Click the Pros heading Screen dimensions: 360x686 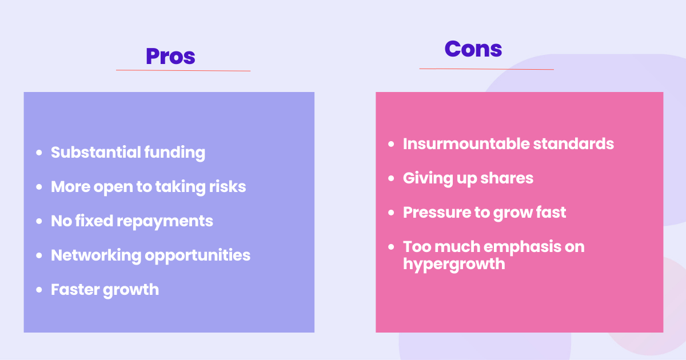pyautogui.click(x=170, y=56)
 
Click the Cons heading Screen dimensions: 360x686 pyautogui.click(x=473, y=49)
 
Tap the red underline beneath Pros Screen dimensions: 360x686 pyautogui.click(x=183, y=70)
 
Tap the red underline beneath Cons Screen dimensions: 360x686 pyautogui.click(x=486, y=69)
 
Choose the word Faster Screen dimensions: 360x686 pyautogui.click(x=75, y=289)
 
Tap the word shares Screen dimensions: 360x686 pyautogui.click(x=508, y=178)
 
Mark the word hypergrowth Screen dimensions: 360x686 pyautogui.click(x=454, y=263)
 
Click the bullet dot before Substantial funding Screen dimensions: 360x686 pyautogui.click(x=39, y=153)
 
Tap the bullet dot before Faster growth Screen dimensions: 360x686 pyautogui.click(x=39, y=290)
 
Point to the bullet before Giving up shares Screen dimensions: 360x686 pyautogui.click(x=391, y=178)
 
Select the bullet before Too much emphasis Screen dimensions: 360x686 pyautogui.click(x=391, y=247)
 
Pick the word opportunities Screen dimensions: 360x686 pyautogui.click(x=198, y=255)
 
